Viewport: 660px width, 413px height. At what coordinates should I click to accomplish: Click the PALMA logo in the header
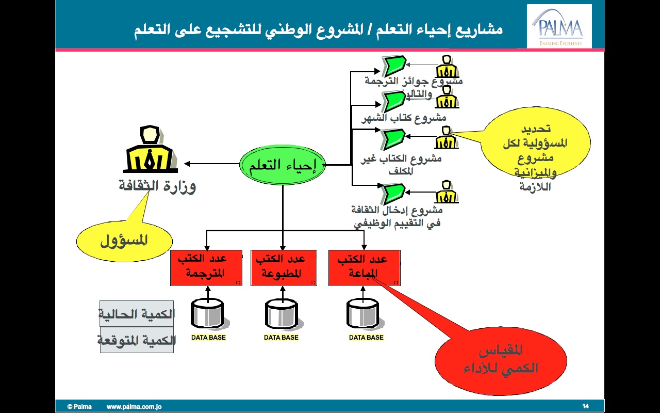(559, 27)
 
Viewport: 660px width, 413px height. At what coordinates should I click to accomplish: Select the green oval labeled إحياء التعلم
(283, 165)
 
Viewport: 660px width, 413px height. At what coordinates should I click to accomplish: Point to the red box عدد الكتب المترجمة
(206, 267)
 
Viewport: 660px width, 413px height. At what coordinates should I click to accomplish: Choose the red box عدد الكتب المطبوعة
(283, 267)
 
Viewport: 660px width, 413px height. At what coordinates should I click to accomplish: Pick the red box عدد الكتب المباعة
(364, 267)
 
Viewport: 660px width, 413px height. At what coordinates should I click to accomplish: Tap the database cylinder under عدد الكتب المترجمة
(207, 314)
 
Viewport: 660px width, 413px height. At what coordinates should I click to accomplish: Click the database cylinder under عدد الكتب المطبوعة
(282, 314)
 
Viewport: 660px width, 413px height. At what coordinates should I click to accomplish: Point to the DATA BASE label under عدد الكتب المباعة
(366, 338)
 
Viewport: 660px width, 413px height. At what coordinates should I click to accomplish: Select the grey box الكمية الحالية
(137, 314)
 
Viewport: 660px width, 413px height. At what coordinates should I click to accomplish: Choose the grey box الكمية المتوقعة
(137, 340)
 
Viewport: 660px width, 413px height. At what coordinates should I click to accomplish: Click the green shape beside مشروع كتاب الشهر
(394, 101)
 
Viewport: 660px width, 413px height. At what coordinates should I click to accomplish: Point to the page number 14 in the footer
(585, 406)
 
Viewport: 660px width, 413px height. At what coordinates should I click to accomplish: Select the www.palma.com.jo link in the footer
(134, 407)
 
